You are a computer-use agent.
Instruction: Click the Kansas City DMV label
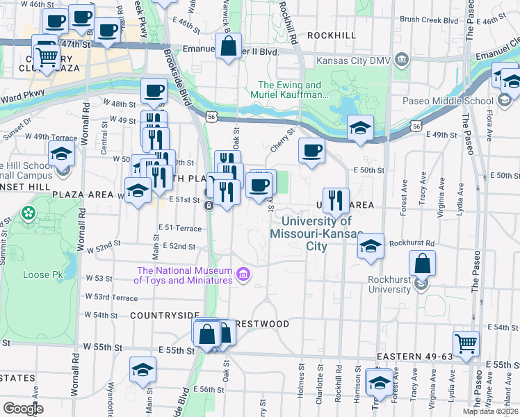(354, 60)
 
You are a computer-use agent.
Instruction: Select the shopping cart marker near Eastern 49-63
(466, 343)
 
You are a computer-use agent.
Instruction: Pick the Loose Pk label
(42, 275)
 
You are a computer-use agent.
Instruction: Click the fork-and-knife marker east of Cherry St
(336, 200)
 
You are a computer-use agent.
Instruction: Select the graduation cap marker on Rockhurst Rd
(371, 245)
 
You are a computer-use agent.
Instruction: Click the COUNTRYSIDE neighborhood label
(165, 315)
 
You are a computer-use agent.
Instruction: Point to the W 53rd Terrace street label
(111, 297)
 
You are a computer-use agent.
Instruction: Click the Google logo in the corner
(23, 409)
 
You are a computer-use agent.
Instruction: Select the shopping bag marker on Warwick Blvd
(228, 47)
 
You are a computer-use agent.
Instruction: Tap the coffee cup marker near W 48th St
(154, 90)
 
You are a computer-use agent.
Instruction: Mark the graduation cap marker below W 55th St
(143, 369)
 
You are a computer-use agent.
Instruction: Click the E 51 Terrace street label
(179, 227)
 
